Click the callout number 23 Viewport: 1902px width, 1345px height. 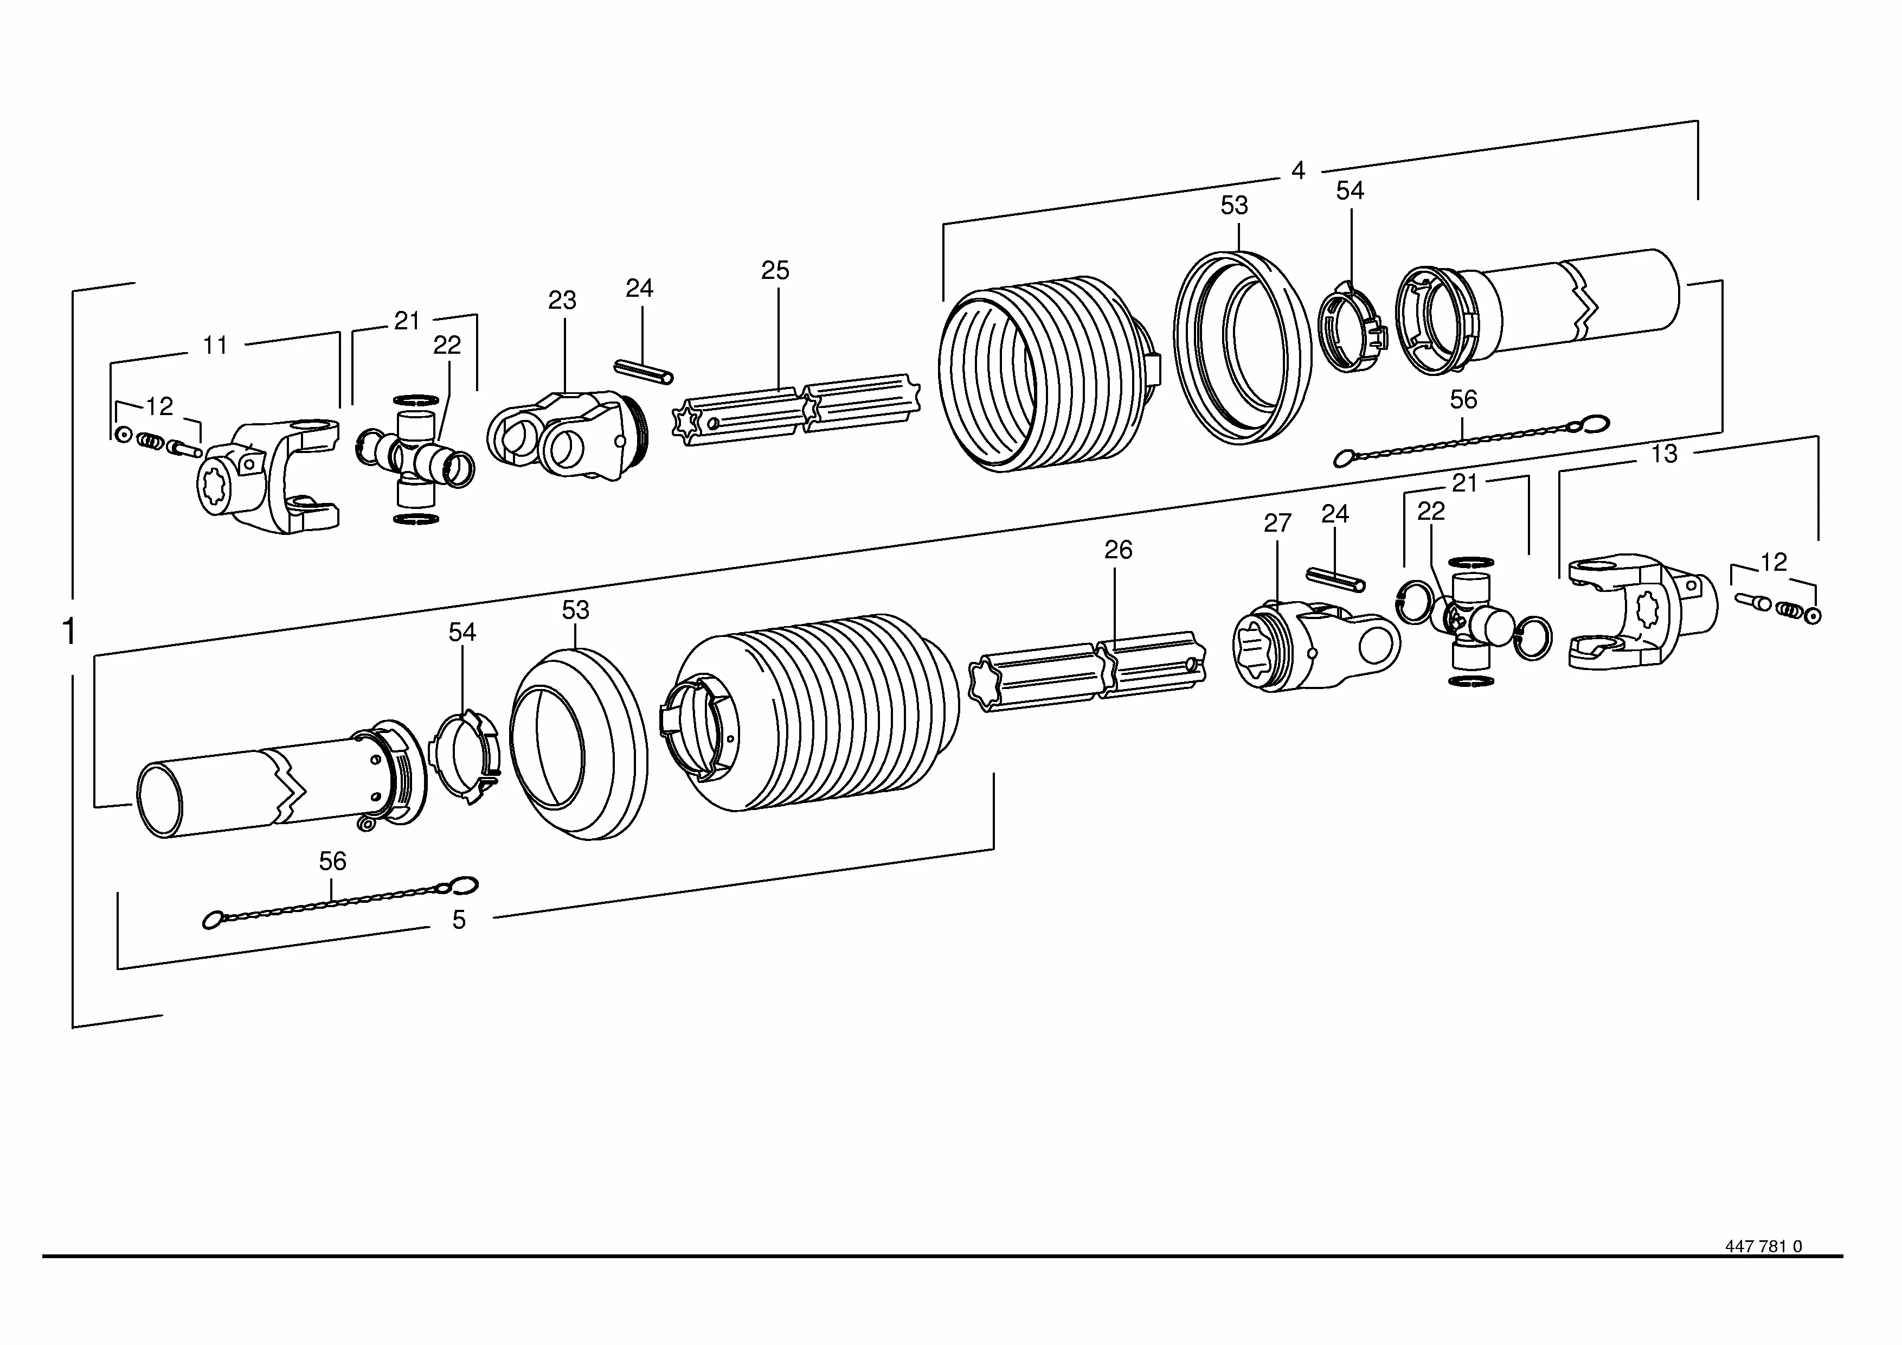562,300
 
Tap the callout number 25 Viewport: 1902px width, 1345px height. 775,270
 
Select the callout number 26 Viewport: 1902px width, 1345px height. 1119,550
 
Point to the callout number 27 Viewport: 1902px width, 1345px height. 1277,523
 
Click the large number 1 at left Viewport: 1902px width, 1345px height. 69,632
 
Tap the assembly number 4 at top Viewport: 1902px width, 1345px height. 1298,171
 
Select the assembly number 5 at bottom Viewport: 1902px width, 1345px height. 459,920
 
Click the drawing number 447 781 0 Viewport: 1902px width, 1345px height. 1764,1270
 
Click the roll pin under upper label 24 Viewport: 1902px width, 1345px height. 644,371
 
